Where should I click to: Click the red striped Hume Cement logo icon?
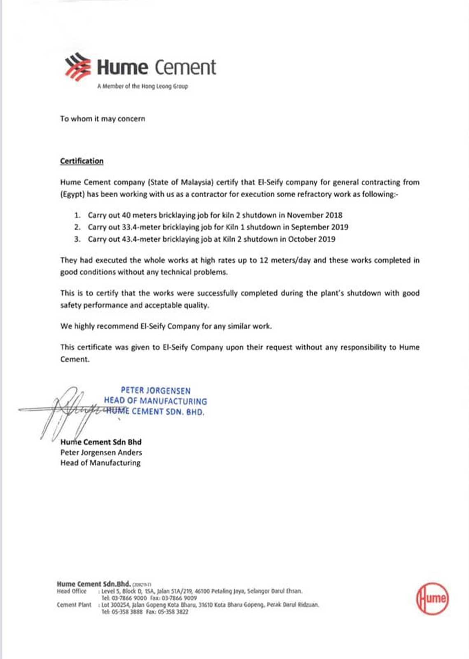coord(77,67)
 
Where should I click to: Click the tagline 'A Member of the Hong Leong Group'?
coord(142,86)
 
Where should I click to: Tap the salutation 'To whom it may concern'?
coord(103,119)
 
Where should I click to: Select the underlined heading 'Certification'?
coord(82,161)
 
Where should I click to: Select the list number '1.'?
coord(77,215)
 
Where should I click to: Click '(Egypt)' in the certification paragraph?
coord(72,194)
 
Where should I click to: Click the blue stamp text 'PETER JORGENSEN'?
coord(156,390)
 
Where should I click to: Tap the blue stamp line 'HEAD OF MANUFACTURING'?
coord(156,401)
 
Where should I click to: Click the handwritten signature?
coord(66,410)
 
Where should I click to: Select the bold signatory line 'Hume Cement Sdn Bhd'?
coord(101,442)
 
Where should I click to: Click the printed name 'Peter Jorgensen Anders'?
coord(101,452)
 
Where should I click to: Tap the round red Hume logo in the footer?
coord(432,598)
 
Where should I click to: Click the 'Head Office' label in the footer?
coord(72,591)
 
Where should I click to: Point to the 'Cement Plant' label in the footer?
coord(74,605)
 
